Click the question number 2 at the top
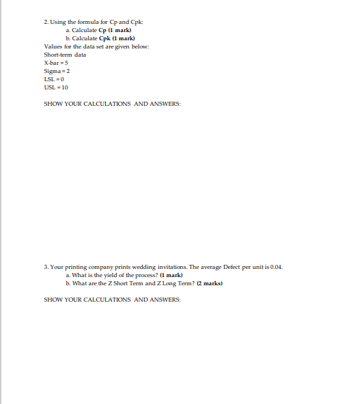pos(45,23)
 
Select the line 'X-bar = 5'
pos(56,62)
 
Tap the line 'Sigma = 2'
pos(57,70)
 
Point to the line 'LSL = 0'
pos(54,78)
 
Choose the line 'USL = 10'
pos(55,87)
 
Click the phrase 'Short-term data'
pos(65,54)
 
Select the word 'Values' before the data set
pos(53,46)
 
